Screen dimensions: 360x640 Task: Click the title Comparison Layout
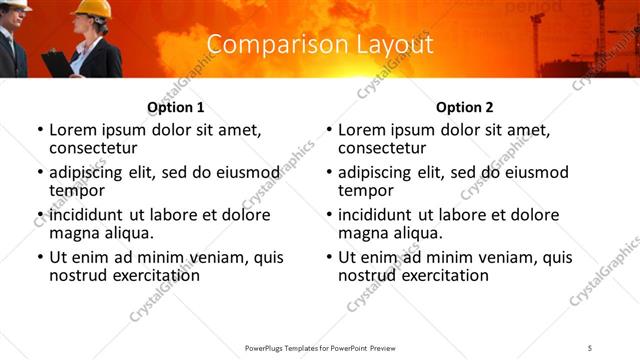(320, 45)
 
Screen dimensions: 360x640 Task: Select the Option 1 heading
(176, 107)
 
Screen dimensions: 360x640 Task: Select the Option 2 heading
(465, 107)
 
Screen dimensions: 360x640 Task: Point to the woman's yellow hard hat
(95, 9)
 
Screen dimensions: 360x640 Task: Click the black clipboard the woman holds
(58, 63)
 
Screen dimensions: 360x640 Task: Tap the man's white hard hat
(17, 4)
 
